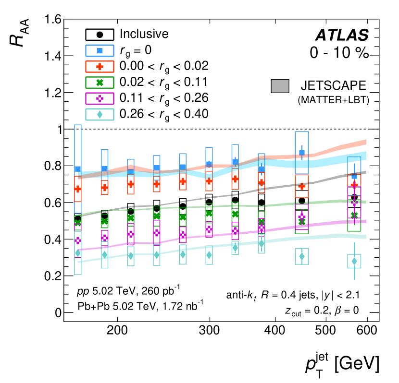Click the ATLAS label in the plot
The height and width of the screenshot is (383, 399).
(x=341, y=35)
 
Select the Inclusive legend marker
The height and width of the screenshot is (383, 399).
(x=100, y=35)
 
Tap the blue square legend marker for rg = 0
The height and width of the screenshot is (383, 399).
(x=100, y=50)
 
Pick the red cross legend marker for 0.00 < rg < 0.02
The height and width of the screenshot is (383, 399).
(x=100, y=66)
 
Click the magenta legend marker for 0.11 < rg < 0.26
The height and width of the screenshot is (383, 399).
(x=100, y=98)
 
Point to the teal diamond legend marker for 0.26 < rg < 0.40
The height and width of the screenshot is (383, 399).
(x=100, y=114)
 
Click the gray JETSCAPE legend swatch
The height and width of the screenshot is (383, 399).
(x=282, y=86)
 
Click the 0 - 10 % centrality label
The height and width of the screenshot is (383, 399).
(x=339, y=53)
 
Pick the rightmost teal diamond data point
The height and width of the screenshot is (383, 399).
(x=354, y=261)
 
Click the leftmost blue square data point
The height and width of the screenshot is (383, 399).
(x=78, y=169)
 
